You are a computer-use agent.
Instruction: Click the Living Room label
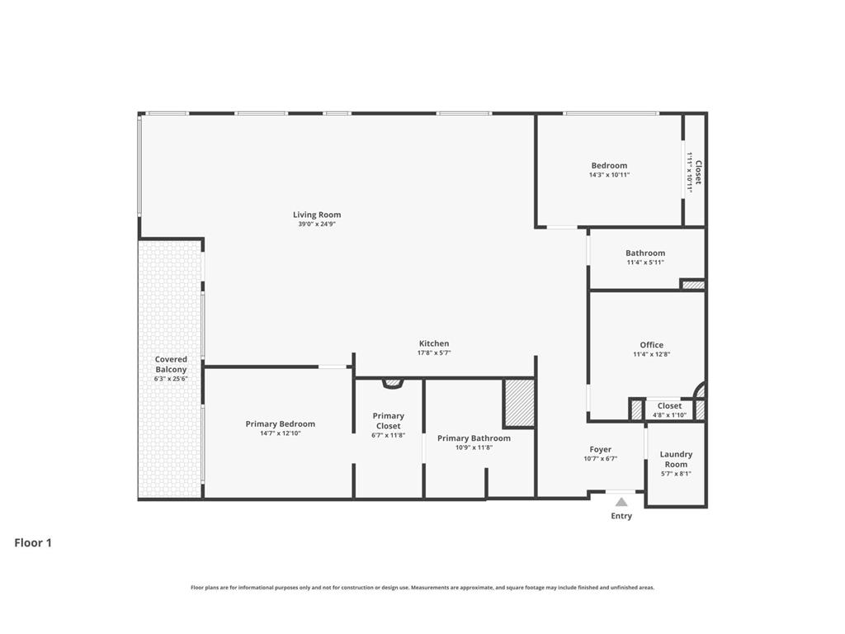click(317, 215)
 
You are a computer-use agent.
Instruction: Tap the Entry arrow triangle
click(621, 502)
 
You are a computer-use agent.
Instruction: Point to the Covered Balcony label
click(171, 364)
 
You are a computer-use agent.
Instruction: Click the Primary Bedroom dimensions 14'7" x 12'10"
click(280, 433)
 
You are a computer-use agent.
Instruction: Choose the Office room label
click(651, 345)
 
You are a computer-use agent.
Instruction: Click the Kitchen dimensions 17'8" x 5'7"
click(434, 352)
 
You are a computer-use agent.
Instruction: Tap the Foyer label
click(600, 449)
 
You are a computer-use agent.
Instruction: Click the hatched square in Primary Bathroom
click(519, 403)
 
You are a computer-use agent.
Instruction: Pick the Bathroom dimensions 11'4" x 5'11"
click(644, 263)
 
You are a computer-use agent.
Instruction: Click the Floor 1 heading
click(33, 543)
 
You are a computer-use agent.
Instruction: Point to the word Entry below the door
click(621, 516)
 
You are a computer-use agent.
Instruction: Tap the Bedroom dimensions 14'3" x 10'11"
click(609, 175)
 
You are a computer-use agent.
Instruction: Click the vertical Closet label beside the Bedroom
click(698, 172)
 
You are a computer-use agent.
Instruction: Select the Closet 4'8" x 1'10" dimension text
click(669, 415)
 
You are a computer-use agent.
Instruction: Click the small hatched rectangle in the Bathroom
click(693, 285)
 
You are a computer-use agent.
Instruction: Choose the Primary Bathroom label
click(474, 438)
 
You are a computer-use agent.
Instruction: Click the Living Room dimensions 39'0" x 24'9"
click(317, 224)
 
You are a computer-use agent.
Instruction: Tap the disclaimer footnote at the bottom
click(422, 588)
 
